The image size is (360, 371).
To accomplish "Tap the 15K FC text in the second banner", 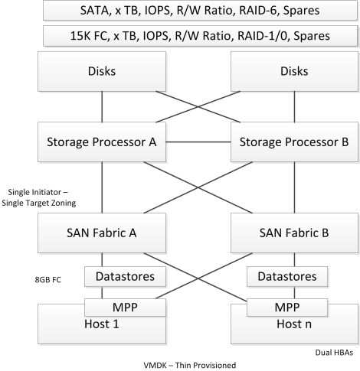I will [76, 35].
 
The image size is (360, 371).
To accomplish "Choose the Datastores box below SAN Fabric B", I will [286, 275].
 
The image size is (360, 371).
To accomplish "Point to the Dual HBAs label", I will [330, 352].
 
